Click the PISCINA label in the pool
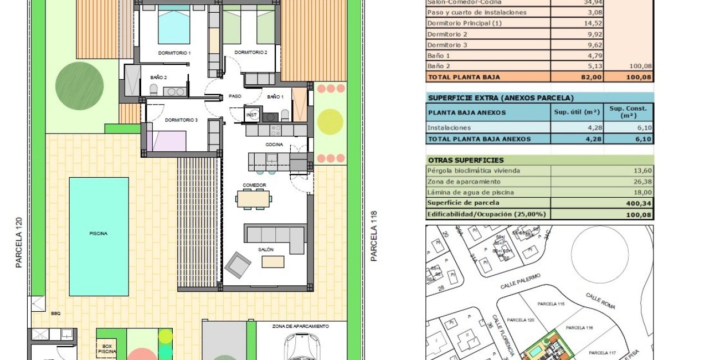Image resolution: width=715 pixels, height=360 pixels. click(x=98, y=234)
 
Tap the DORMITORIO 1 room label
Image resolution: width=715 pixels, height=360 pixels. click(x=174, y=53)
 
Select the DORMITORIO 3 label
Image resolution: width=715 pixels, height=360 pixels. click(x=181, y=120)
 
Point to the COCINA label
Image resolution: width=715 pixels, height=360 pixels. click(x=274, y=145)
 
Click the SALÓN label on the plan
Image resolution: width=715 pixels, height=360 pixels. click(x=266, y=250)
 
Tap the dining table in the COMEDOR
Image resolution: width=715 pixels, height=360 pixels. click(x=253, y=198)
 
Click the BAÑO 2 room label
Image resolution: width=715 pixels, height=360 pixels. click(x=158, y=78)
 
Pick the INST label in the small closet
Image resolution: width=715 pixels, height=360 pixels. click(x=252, y=115)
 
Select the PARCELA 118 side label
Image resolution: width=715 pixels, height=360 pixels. click(x=374, y=236)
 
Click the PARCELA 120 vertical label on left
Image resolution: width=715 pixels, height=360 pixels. click(x=19, y=243)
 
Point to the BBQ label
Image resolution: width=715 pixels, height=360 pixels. click(x=55, y=313)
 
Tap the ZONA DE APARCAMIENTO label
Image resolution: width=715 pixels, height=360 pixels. click(x=301, y=326)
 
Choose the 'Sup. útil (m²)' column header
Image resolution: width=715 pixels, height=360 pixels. click(x=577, y=112)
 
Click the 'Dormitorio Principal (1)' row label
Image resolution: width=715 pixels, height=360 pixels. click(x=464, y=23)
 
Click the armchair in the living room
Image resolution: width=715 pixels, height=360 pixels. click(x=238, y=265)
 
